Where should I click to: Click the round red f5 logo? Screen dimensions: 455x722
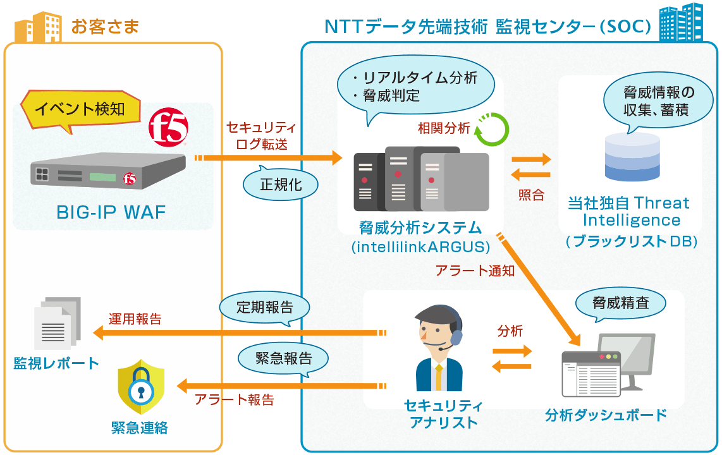click(168, 128)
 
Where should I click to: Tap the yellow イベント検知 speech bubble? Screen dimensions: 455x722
click(80, 109)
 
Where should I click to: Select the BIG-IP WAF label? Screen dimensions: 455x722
click(111, 212)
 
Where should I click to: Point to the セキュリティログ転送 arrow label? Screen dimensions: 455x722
click(261, 136)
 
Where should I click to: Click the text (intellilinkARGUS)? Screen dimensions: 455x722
click(420, 246)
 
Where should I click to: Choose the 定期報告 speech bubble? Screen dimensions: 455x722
click(264, 308)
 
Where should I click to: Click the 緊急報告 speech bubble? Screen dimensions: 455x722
click(283, 358)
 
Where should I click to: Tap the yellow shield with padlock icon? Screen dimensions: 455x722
click(140, 387)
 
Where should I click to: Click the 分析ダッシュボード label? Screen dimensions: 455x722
click(606, 415)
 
